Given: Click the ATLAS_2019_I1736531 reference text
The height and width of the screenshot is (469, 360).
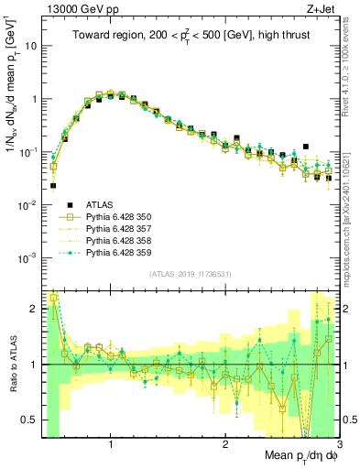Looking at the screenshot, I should pyautogui.click(x=190, y=275).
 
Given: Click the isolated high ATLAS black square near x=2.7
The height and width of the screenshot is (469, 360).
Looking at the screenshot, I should pyautogui.click(x=307, y=145).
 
